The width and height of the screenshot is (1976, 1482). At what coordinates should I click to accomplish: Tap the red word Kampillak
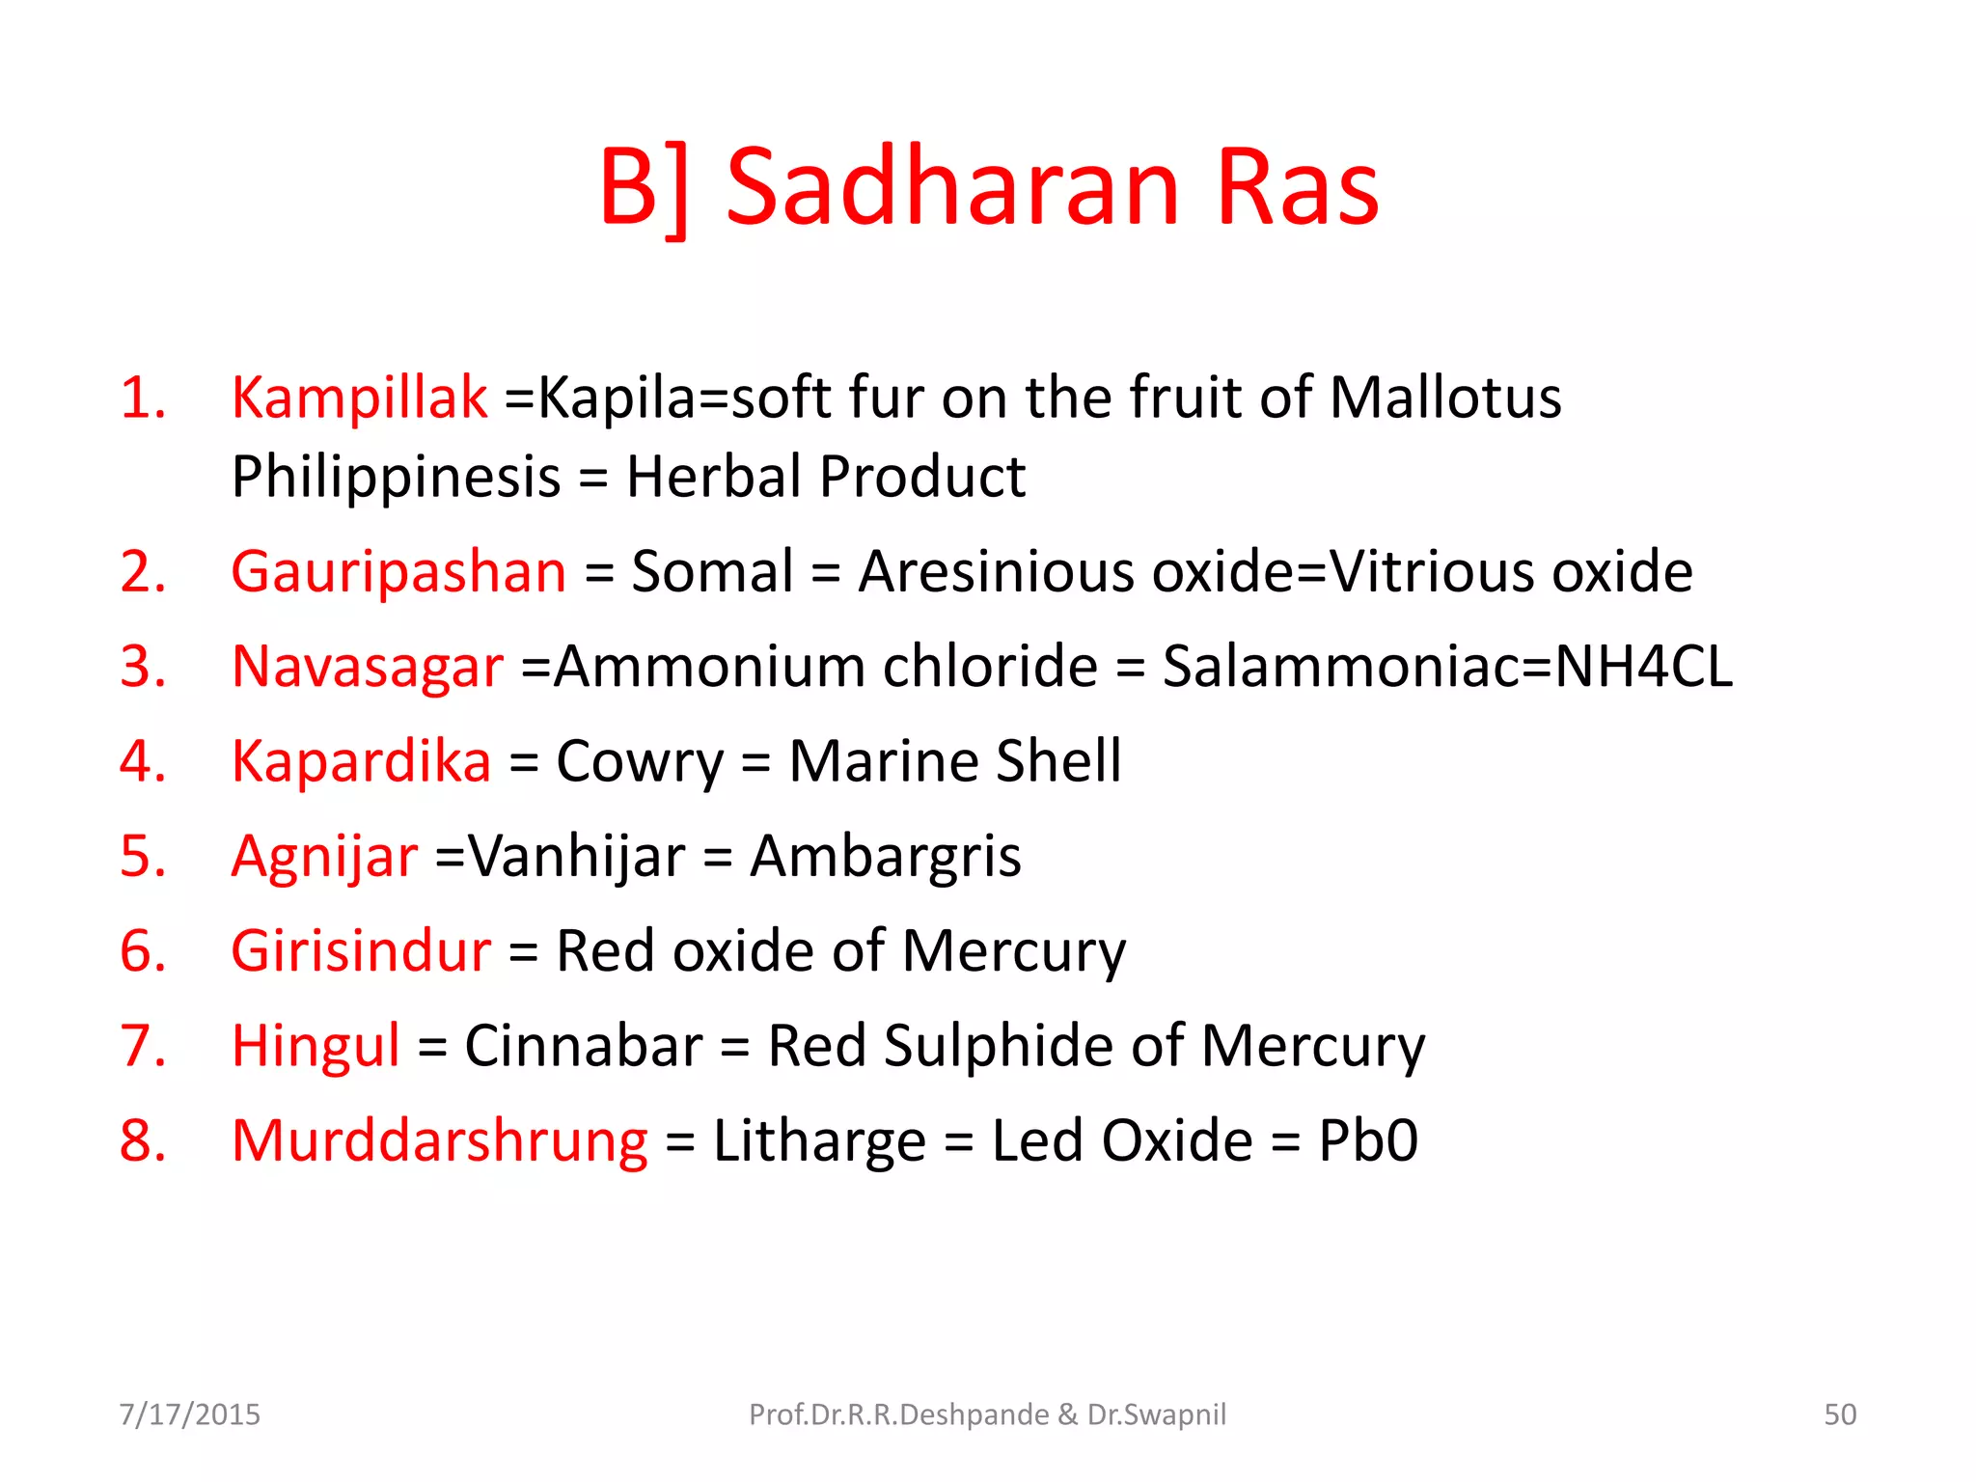[x=359, y=397]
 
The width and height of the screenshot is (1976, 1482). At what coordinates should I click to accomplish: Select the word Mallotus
[x=1444, y=397]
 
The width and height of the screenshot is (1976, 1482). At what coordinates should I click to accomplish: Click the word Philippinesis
[x=396, y=477]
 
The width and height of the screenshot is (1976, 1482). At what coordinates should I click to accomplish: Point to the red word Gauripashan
[x=398, y=571]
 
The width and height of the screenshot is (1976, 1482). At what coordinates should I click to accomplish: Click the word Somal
[x=712, y=571]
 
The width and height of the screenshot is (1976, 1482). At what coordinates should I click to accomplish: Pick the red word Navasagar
[x=368, y=666]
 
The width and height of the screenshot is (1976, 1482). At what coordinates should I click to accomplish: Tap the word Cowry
[x=639, y=761]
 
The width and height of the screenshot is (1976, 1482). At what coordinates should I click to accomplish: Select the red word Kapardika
[x=361, y=761]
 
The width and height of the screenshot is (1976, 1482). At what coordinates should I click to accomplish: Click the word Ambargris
[x=885, y=856]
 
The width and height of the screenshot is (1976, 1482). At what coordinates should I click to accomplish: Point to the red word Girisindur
[x=361, y=950]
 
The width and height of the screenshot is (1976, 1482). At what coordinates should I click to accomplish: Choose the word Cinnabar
[x=584, y=1046]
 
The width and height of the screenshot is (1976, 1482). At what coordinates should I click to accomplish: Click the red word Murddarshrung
[x=440, y=1140]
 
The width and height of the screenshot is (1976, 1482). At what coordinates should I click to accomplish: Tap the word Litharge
[x=819, y=1140]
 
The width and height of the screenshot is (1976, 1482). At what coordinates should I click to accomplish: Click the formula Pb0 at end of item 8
[x=1367, y=1140]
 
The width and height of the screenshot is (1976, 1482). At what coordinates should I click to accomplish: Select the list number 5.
[x=142, y=856]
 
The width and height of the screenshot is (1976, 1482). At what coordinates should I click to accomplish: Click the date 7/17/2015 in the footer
[x=189, y=1414]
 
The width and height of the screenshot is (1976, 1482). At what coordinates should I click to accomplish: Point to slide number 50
[x=1839, y=1414]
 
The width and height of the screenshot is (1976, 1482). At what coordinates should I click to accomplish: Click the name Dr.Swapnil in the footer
[x=1156, y=1414]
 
